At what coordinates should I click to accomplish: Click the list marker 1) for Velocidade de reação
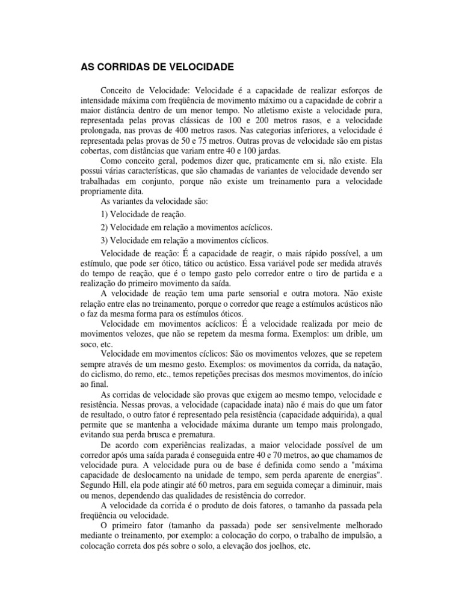pos(105,214)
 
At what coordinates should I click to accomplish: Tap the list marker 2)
pos(105,227)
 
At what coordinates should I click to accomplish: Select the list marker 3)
pos(105,241)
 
